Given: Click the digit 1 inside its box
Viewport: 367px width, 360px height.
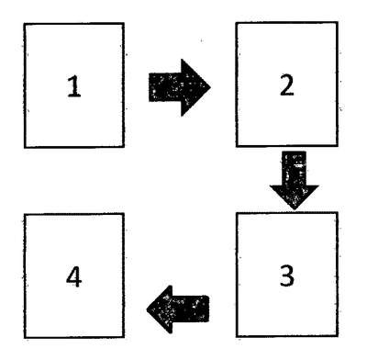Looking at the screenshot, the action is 73,86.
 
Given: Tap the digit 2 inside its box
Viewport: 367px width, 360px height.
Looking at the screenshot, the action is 287,85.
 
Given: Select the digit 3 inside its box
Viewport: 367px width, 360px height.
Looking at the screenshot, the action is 287,276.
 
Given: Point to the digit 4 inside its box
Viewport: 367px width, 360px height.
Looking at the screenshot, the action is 73,276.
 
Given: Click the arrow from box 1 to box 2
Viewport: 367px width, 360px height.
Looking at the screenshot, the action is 180,87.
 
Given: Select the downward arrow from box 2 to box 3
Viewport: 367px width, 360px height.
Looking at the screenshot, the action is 295,180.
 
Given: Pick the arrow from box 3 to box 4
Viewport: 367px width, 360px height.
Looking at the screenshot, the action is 178,309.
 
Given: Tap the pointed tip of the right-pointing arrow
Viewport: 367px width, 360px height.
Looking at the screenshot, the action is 211,87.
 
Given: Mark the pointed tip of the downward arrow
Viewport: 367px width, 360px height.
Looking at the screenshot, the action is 295,209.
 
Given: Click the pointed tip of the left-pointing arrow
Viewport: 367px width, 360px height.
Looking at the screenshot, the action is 147,309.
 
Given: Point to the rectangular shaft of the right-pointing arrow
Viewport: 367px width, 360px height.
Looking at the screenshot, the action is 165,87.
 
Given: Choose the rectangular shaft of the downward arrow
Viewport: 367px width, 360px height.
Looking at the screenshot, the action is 295,168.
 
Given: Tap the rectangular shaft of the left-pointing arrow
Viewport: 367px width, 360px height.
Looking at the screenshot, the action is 191,309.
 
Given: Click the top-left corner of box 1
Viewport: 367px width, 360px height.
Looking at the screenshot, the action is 24,24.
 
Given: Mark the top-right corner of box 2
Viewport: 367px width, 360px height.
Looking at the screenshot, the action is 338,22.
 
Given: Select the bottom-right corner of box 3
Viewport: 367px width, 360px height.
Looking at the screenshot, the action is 338,336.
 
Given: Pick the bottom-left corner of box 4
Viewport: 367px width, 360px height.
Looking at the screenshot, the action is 25,338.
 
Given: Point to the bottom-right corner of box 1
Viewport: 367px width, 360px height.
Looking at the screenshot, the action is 124,147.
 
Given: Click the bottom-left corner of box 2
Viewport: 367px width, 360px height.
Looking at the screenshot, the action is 237,146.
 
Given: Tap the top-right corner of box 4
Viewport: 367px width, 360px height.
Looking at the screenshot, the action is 124,214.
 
